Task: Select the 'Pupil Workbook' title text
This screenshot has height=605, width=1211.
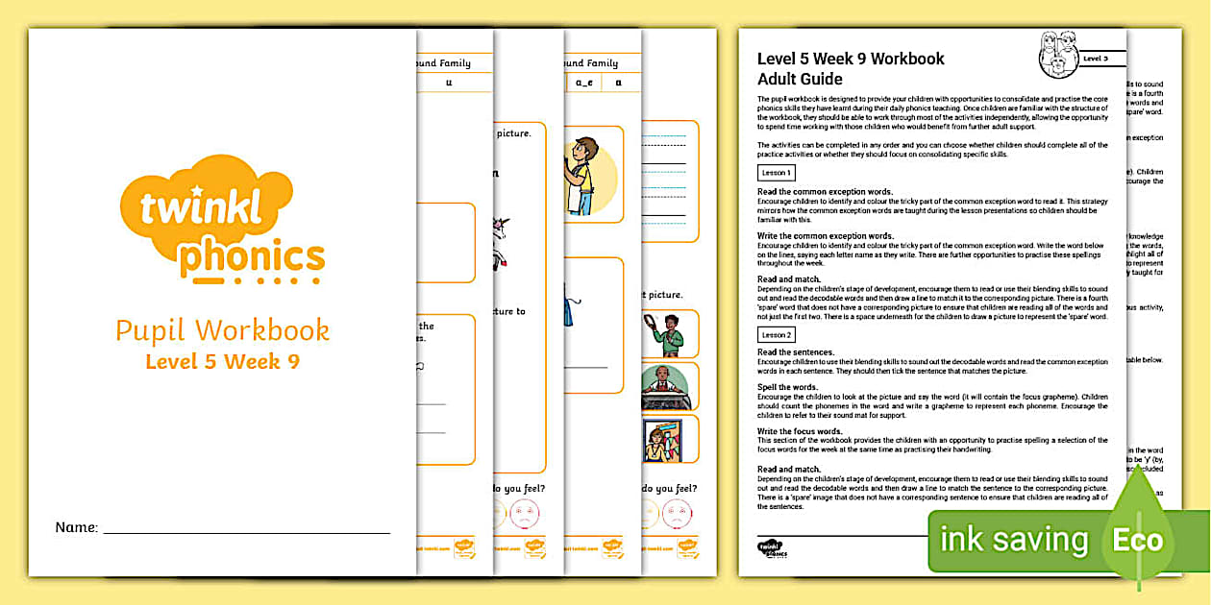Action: (x=222, y=330)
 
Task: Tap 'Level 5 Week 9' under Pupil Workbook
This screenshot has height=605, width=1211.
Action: (x=222, y=362)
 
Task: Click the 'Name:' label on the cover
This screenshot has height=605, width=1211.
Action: (x=77, y=527)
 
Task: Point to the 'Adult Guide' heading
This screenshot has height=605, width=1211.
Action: (x=800, y=79)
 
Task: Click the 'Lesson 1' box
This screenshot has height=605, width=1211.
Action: (x=776, y=173)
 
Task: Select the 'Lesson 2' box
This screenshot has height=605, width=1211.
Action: (x=776, y=335)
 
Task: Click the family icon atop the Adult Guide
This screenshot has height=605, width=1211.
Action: (x=1059, y=55)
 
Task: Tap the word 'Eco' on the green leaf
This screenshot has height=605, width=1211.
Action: (x=1138, y=540)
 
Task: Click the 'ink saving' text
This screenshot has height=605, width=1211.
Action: (x=1014, y=540)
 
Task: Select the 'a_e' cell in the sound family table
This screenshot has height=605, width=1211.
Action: (x=583, y=84)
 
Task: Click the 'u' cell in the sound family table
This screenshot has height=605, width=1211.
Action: (x=449, y=84)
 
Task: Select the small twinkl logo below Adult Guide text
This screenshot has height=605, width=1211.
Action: (x=771, y=549)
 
